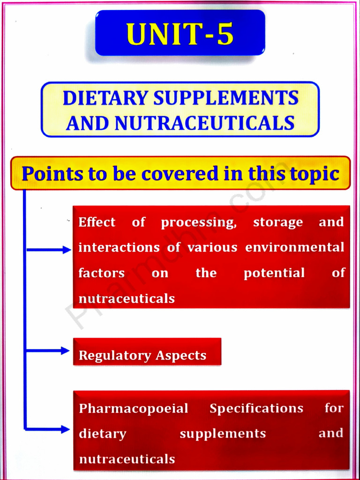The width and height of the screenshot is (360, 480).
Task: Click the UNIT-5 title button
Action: (x=180, y=34)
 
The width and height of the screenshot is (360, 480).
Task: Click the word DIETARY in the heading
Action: (x=105, y=98)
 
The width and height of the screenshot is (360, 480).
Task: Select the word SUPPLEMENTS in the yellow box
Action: (x=226, y=98)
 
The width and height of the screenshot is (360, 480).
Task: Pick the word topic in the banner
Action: (x=315, y=174)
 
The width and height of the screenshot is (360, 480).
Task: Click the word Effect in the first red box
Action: (x=97, y=222)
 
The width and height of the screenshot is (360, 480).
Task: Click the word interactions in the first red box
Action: (x=119, y=247)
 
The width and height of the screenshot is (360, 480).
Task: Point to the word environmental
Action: (x=295, y=247)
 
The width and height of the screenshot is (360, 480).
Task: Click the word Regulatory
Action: (x=115, y=356)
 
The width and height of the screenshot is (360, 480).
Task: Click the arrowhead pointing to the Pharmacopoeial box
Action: (x=66, y=429)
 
